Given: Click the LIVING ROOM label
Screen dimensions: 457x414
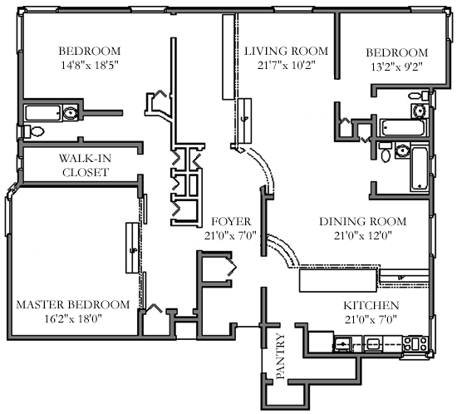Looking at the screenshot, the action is pyautogui.click(x=286, y=51).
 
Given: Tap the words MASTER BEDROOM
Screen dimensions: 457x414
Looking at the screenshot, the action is pyautogui.click(x=73, y=304).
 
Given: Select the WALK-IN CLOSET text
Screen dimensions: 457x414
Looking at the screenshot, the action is pyautogui.click(x=86, y=165).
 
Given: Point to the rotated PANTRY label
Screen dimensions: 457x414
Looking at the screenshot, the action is pyautogui.click(x=280, y=357).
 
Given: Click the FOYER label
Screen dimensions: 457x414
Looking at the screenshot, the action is pyautogui.click(x=231, y=222).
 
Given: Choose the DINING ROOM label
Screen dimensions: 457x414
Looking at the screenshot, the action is pyautogui.click(x=363, y=222).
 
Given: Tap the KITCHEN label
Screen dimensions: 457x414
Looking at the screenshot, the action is pyautogui.click(x=371, y=306).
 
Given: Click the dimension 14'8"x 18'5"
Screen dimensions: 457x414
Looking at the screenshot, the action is pyautogui.click(x=90, y=66).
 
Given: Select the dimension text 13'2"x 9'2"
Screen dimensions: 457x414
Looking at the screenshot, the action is pyautogui.click(x=397, y=67).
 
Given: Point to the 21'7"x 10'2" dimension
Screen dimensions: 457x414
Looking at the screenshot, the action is pyautogui.click(x=287, y=66).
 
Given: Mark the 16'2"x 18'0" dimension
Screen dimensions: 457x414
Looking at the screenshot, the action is pyautogui.click(x=73, y=319).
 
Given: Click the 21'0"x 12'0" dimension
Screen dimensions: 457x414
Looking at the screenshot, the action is pyautogui.click(x=363, y=235).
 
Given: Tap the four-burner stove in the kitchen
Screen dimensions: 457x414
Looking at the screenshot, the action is pyautogui.click(x=415, y=343).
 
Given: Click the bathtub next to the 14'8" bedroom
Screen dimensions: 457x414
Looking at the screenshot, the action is pyautogui.click(x=43, y=113).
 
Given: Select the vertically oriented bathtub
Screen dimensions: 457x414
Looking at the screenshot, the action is pyautogui.click(x=419, y=169).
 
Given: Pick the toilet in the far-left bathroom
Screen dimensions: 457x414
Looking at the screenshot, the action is pyautogui.click(x=34, y=131).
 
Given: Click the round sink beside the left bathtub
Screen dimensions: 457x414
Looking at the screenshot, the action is pyautogui.click(x=71, y=112).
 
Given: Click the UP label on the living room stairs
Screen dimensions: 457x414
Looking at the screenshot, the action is pyautogui.click(x=244, y=119).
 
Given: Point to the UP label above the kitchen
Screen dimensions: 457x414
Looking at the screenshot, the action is pyautogui.click(x=401, y=278).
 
